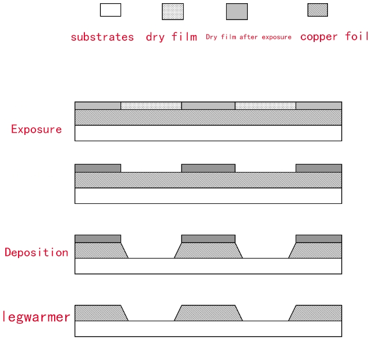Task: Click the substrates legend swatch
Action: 110,10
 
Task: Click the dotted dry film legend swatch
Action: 172,12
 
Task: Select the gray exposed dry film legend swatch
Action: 237,12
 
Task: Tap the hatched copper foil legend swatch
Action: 317,10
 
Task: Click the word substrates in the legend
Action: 102,37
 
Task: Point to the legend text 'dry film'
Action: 171,37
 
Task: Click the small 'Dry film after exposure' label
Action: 248,37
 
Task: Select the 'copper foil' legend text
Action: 334,37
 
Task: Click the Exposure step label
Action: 36,129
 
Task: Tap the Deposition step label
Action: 36,252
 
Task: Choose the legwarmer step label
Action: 36,317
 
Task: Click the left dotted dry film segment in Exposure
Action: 151,106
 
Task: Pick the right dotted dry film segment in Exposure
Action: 265,106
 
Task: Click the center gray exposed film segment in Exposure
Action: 208,106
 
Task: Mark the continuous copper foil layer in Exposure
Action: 208,117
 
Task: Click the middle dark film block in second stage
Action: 208,168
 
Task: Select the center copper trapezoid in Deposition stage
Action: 208,251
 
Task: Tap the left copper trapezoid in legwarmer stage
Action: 100,313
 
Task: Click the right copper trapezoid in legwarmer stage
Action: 317,313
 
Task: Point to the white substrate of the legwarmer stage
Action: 208,329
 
